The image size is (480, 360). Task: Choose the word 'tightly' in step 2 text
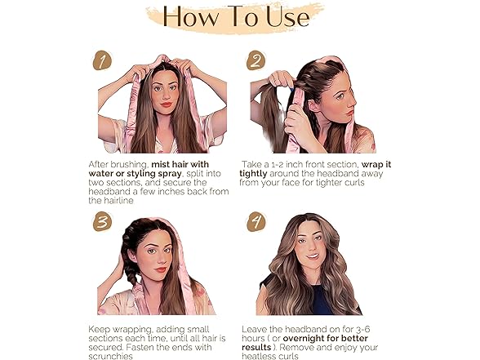[256, 174]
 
